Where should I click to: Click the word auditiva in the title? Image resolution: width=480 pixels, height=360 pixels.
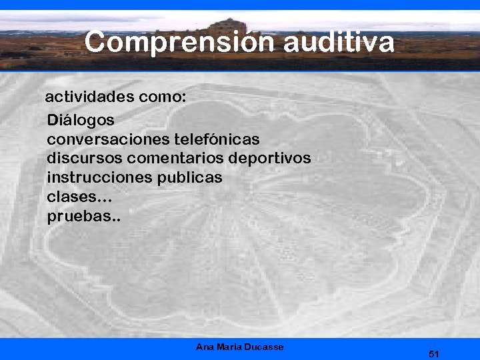pyautogui.click(x=339, y=43)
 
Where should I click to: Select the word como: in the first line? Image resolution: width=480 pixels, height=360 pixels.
pyautogui.click(x=163, y=97)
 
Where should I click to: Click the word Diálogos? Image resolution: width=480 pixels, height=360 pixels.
pyautogui.click(x=81, y=121)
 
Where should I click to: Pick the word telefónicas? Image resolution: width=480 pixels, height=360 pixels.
pyautogui.click(x=217, y=140)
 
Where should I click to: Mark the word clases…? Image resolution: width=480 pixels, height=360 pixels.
pyautogui.click(x=79, y=197)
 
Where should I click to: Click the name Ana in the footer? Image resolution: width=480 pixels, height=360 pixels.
pyautogui.click(x=205, y=347)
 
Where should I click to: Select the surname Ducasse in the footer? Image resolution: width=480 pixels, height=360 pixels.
pyautogui.click(x=265, y=347)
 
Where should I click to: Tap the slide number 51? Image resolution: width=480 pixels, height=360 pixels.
pyautogui.click(x=434, y=354)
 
